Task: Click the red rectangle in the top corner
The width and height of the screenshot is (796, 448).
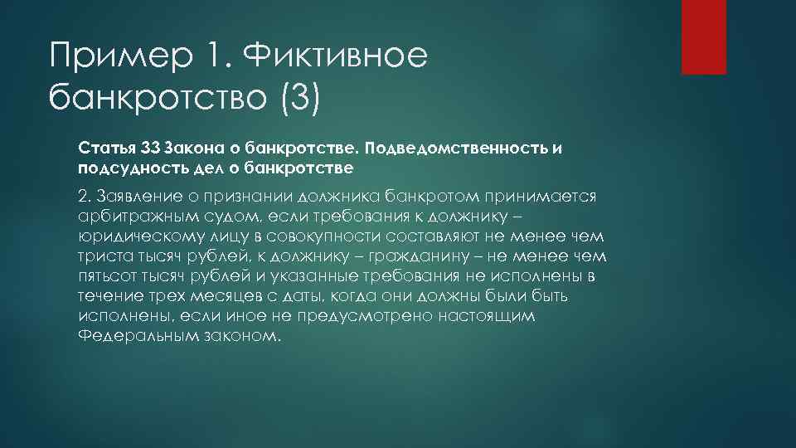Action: click(x=703, y=37)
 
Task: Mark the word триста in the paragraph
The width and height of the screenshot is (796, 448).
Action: click(x=101, y=256)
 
